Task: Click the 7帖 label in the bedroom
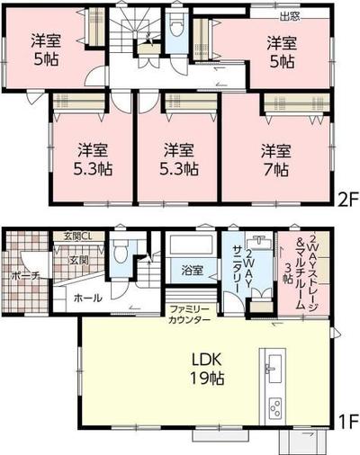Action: (x=275, y=168)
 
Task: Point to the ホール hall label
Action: (x=87, y=298)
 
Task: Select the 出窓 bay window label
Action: (x=290, y=15)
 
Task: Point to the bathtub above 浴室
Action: (x=189, y=245)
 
